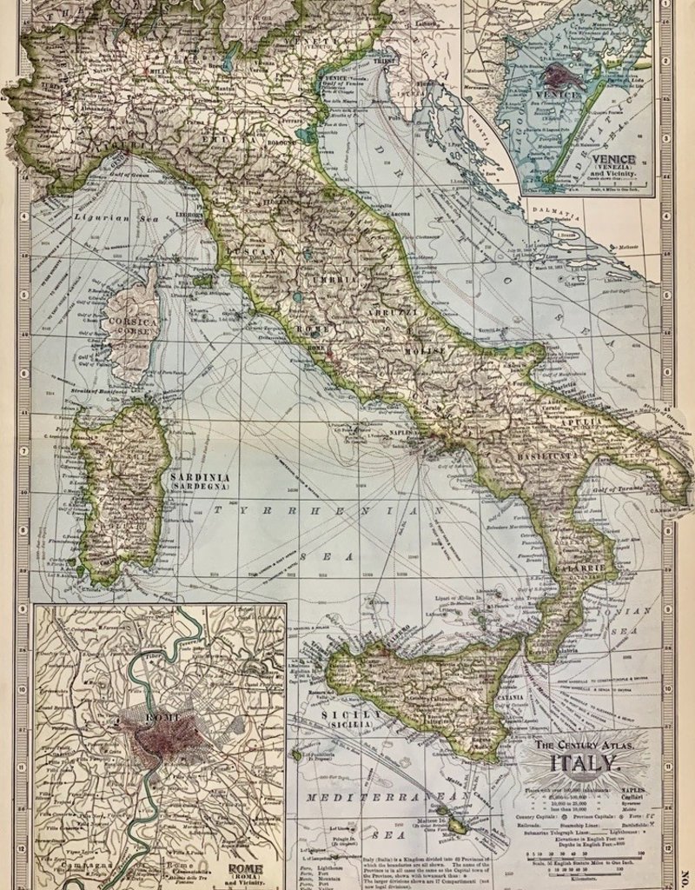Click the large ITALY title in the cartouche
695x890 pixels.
[x=584, y=765]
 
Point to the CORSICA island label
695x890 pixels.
[x=129, y=322]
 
